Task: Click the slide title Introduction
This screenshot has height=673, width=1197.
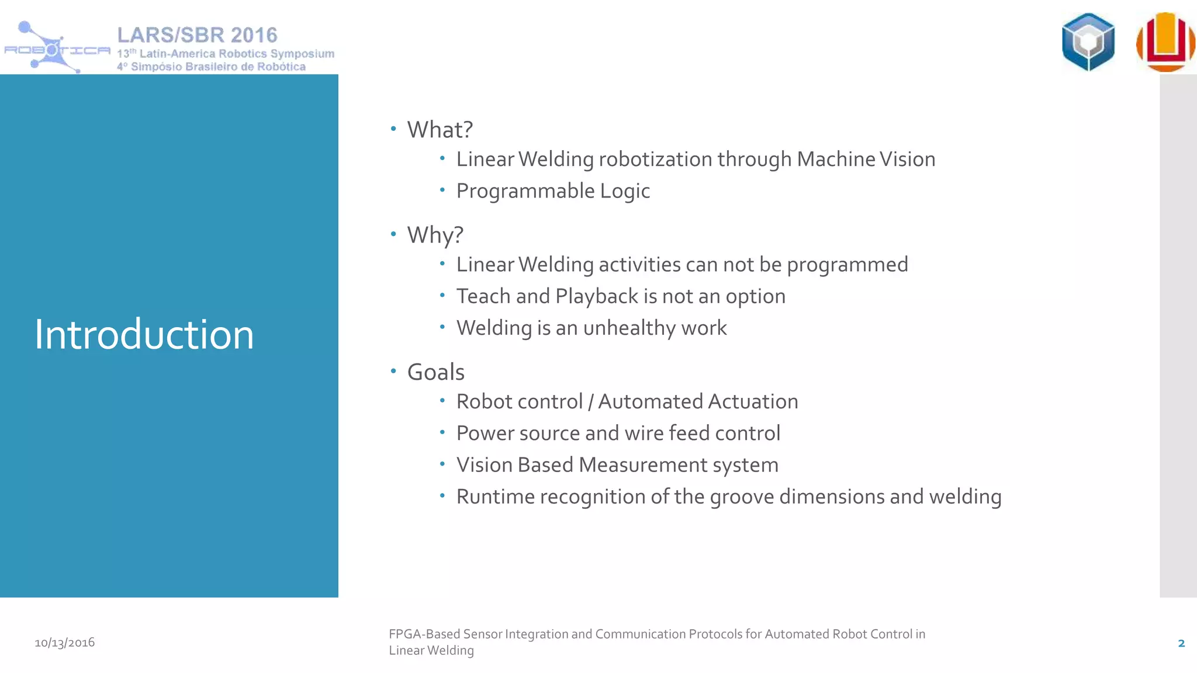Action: [144, 334]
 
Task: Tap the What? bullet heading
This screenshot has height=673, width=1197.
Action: [440, 130]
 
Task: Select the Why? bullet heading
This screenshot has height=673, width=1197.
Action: [435, 235]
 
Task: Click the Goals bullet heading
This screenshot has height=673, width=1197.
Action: [435, 372]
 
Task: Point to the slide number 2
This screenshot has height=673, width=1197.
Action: [1181, 643]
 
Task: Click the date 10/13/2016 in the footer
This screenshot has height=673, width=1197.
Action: [64, 643]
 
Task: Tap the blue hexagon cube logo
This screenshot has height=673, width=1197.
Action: [1088, 42]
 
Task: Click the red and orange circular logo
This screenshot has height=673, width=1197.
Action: [1165, 42]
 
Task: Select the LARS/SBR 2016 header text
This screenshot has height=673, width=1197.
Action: [197, 35]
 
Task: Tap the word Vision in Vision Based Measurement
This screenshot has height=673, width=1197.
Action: [485, 465]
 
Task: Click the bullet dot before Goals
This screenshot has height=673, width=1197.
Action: [393, 371]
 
